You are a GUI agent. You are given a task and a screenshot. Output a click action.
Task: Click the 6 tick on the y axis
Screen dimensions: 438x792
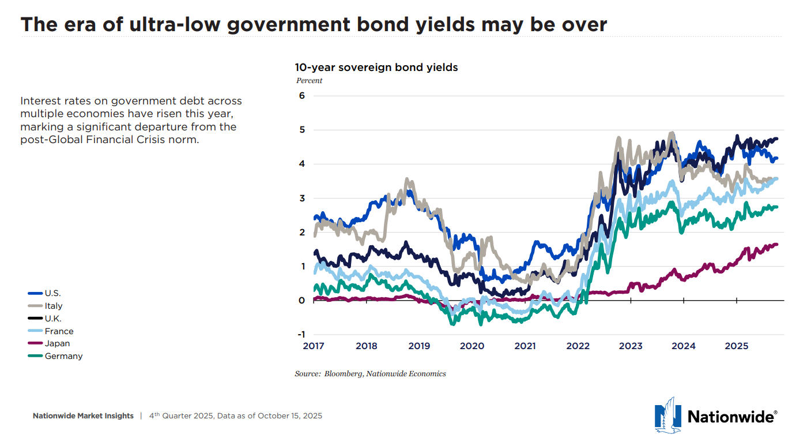[x=301, y=96]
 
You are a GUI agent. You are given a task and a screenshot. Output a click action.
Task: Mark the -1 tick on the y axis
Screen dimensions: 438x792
[x=300, y=335]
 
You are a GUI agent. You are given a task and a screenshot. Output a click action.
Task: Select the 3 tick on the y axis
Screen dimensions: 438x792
[x=301, y=198]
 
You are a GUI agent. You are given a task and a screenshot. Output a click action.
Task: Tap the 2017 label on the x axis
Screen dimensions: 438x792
[x=314, y=346]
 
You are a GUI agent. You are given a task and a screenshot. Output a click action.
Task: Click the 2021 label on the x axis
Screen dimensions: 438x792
[x=525, y=346]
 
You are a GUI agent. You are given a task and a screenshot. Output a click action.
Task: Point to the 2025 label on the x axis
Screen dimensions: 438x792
[x=736, y=346]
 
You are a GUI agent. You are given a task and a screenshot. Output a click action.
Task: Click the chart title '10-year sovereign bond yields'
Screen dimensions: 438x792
[x=376, y=68]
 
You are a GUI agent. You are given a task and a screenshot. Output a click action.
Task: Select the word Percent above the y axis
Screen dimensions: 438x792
[x=310, y=81]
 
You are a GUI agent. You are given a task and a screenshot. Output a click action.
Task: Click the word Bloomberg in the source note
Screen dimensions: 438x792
[x=342, y=374]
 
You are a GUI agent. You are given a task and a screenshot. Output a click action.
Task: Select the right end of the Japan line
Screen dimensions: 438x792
[x=776, y=244]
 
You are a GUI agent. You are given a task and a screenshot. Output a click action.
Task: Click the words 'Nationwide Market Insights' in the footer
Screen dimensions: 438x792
[x=83, y=415]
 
